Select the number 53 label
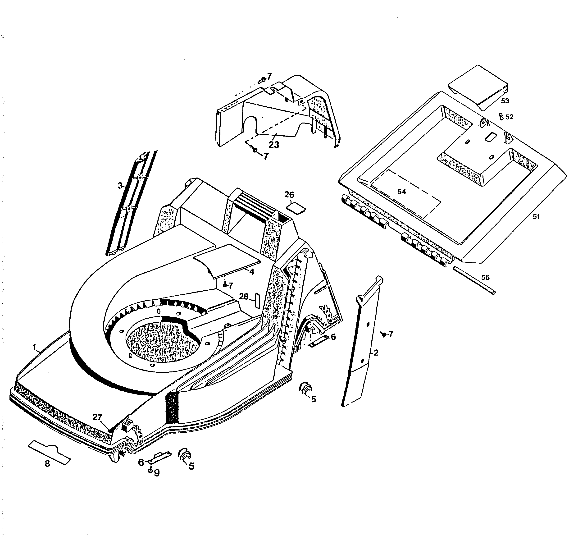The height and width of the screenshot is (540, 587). pyautogui.click(x=505, y=101)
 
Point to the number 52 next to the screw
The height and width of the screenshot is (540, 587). pyautogui.click(x=509, y=117)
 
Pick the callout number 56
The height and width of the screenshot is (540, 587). pyautogui.click(x=485, y=277)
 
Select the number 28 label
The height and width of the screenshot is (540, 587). pyautogui.click(x=244, y=297)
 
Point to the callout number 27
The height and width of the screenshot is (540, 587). pyautogui.click(x=97, y=417)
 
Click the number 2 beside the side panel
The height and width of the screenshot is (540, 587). pyautogui.click(x=376, y=353)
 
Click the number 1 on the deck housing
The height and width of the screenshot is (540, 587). pyautogui.click(x=34, y=347)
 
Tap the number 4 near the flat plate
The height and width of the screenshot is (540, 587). pyautogui.click(x=252, y=272)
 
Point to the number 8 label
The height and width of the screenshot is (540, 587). pyautogui.click(x=47, y=464)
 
